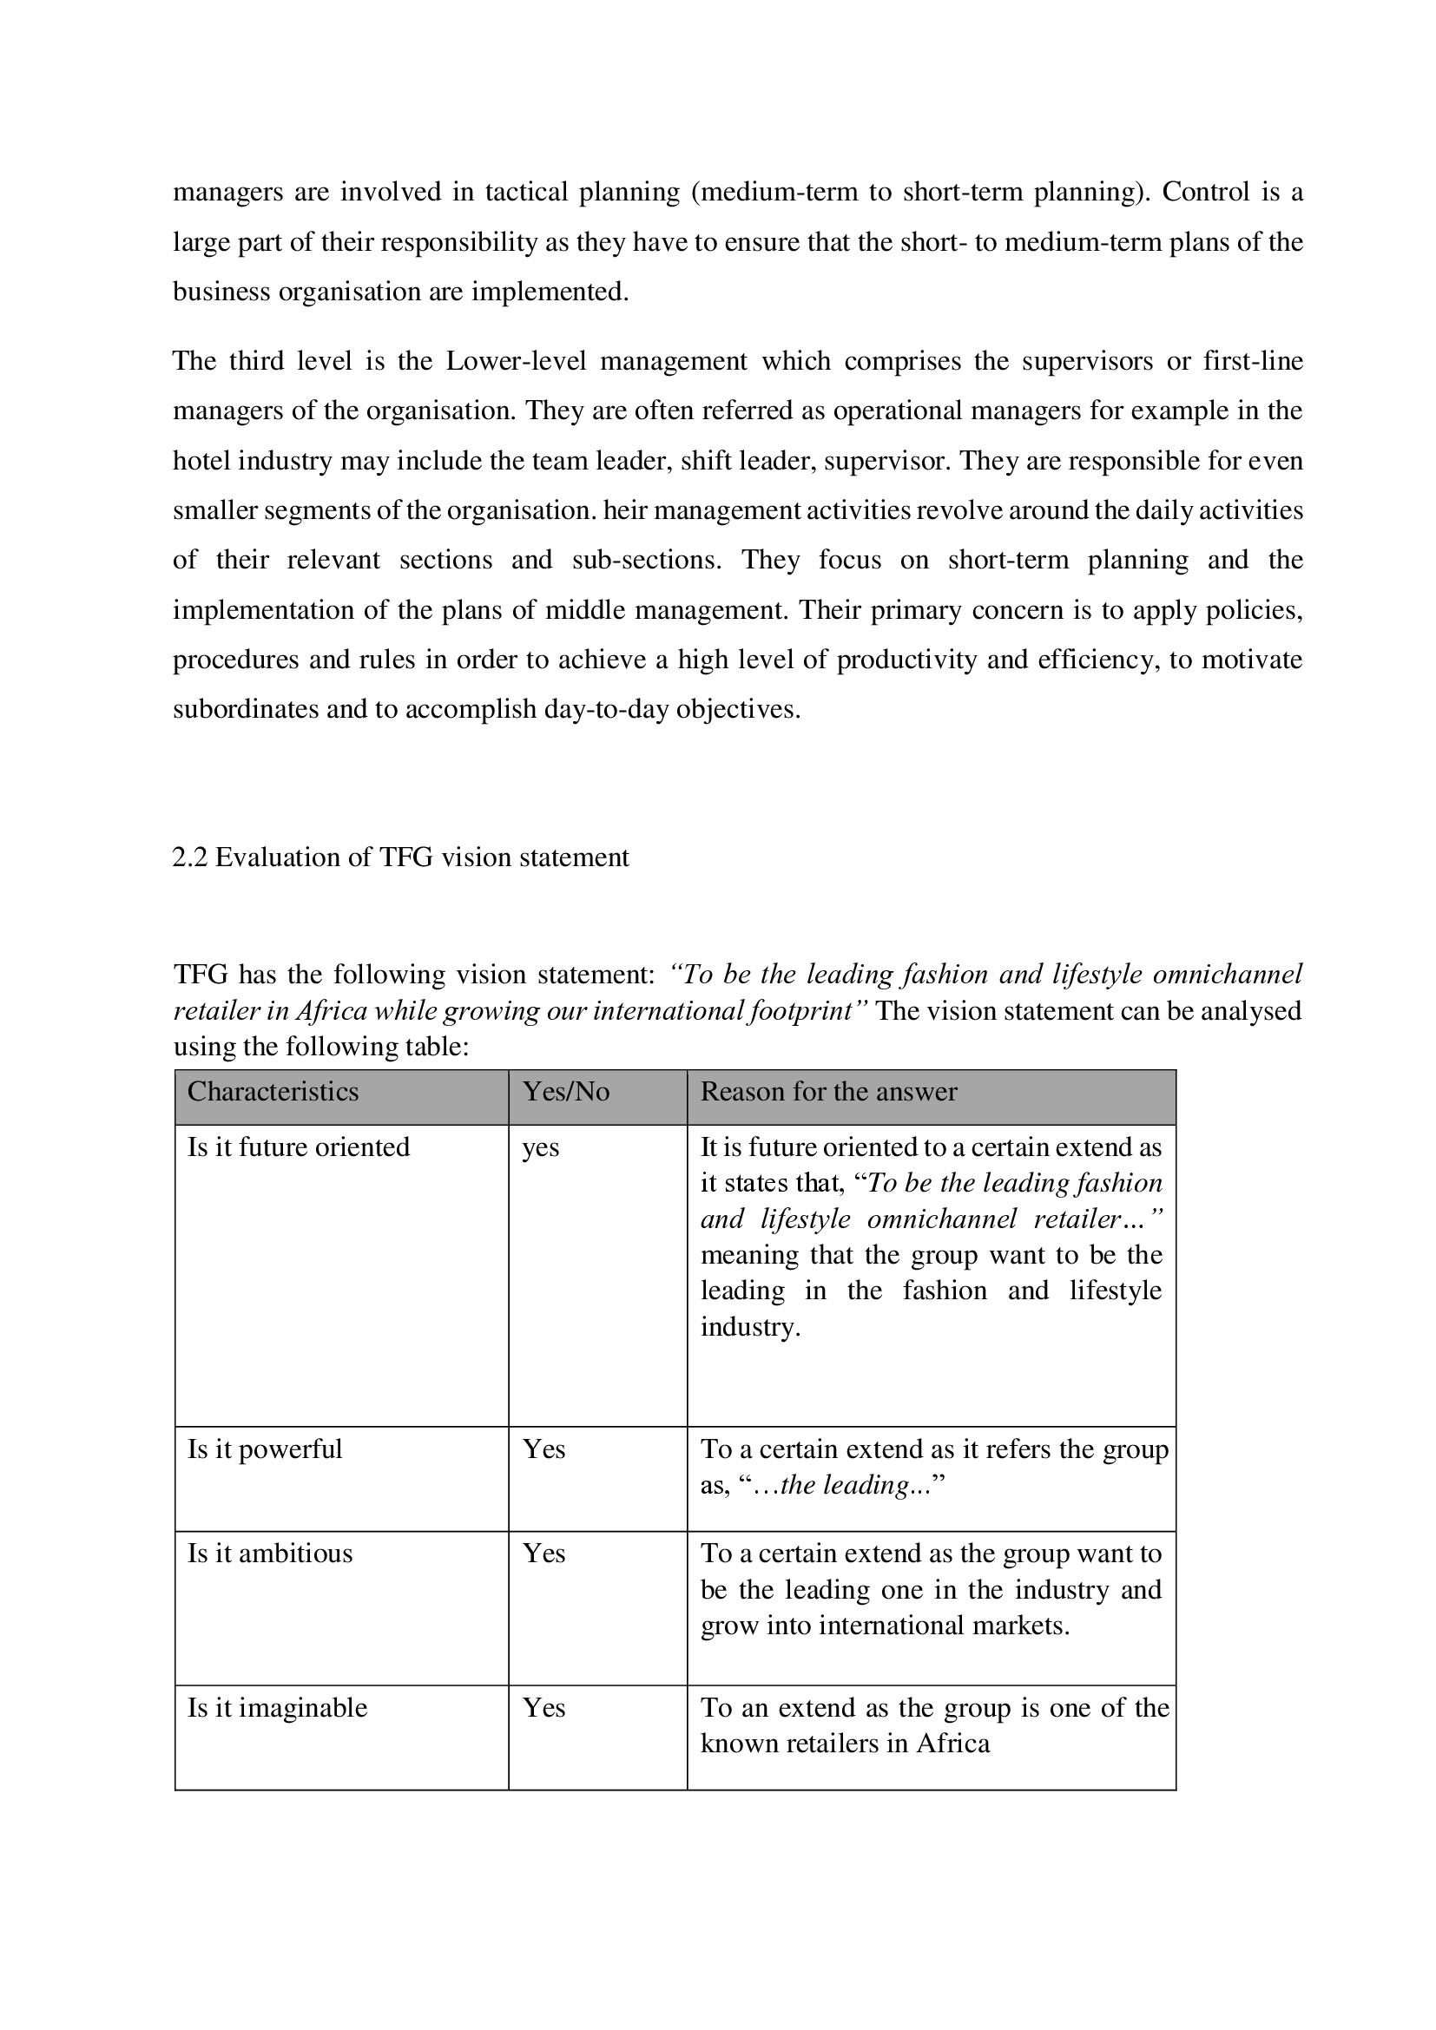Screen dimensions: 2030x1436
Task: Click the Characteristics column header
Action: [273, 1092]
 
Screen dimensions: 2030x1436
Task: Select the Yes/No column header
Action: [566, 1092]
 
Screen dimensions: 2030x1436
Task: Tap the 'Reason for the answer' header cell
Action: [828, 1092]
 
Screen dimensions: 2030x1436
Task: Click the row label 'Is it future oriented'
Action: [298, 1147]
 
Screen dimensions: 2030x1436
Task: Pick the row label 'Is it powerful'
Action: [265, 1450]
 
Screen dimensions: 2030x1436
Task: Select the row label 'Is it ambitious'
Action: [270, 1554]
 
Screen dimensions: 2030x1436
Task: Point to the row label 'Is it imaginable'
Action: [277, 1708]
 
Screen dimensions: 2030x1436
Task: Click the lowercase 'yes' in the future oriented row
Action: [540, 1148]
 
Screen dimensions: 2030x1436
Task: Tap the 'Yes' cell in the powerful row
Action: [543, 1450]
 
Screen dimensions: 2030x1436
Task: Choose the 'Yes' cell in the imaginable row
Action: [543, 1708]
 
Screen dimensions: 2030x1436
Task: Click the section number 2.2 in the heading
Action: [189, 857]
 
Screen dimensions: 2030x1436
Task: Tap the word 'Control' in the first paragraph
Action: [1205, 192]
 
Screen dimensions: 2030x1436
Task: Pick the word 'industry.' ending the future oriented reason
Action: [750, 1327]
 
